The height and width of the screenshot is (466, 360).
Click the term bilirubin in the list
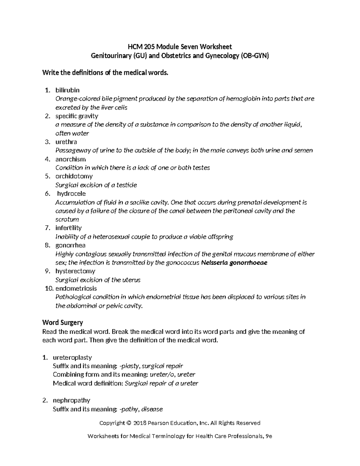click(x=67, y=90)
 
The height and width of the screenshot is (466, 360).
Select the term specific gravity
click(x=76, y=116)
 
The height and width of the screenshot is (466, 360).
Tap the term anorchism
click(x=70, y=159)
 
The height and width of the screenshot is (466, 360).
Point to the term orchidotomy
click(x=74, y=176)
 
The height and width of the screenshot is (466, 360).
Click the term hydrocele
click(x=71, y=194)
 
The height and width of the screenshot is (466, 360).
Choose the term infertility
click(x=68, y=228)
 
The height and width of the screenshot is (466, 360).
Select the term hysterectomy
click(x=75, y=271)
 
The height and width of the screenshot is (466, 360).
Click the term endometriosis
click(x=76, y=288)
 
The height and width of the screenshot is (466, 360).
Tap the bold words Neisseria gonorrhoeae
click(x=234, y=263)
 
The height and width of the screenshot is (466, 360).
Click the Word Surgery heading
click(x=62, y=323)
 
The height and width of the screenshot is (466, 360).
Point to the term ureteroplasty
click(x=72, y=357)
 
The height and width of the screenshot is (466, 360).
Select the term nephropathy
click(x=71, y=400)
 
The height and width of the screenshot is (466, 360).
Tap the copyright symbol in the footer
click(x=129, y=423)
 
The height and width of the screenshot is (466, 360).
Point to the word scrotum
click(x=67, y=219)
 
